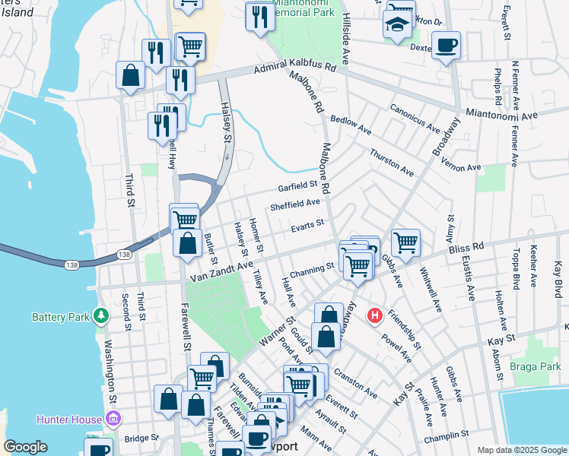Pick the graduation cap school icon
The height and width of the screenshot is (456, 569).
[x=397, y=25]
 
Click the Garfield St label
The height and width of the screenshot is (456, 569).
[x=297, y=185]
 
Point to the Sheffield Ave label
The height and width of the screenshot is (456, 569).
[x=295, y=204]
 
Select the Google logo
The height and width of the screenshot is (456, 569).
[x=25, y=447]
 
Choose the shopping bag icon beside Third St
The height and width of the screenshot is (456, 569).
[x=130, y=75]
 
